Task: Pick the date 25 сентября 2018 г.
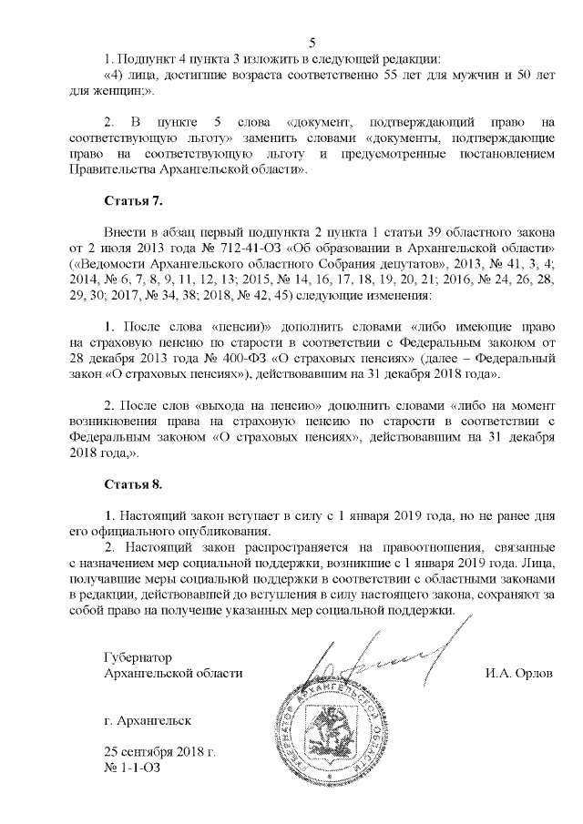pyautogui.click(x=160, y=752)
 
